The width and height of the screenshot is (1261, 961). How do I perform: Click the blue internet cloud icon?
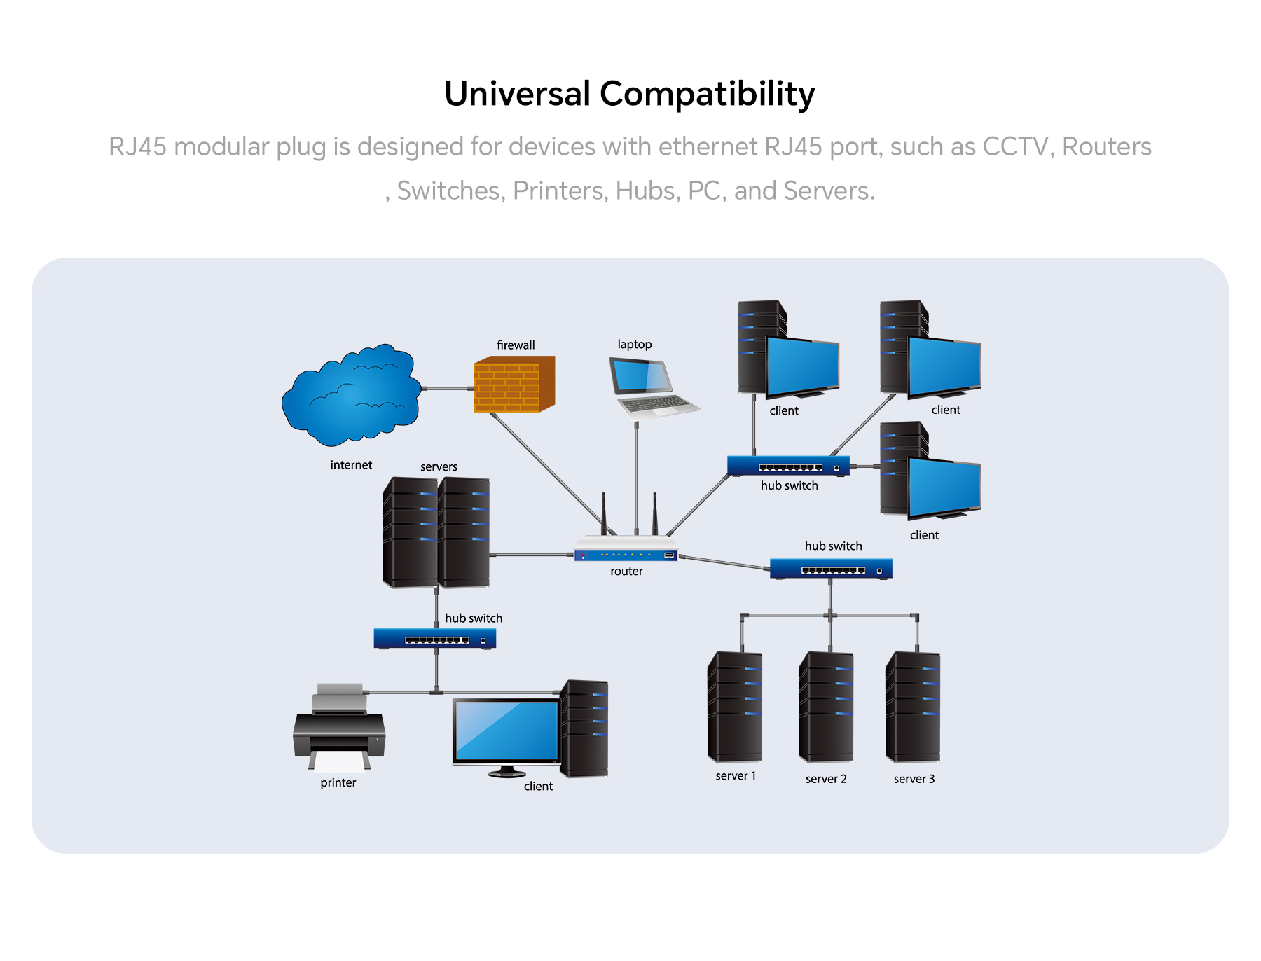[x=352, y=395]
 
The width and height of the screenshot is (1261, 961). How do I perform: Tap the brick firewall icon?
[x=514, y=384]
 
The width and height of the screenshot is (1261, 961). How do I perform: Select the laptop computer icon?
[x=653, y=388]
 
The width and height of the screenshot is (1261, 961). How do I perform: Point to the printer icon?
[x=339, y=728]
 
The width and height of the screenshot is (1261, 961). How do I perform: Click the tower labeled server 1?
[x=735, y=707]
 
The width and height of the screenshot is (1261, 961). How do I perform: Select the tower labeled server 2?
[x=826, y=707]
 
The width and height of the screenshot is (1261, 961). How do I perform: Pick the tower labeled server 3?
[x=913, y=707]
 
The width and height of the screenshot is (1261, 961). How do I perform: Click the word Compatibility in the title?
[x=708, y=95]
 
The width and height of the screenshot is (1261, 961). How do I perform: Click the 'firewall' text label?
[x=516, y=345]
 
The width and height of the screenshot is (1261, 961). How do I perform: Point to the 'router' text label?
[x=626, y=571]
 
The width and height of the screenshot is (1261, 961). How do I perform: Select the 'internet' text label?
[x=351, y=465]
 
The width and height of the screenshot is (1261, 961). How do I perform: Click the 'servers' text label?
[x=439, y=466]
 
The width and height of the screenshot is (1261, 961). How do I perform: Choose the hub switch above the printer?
[x=435, y=639]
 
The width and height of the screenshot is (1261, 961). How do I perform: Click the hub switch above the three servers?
[x=831, y=569]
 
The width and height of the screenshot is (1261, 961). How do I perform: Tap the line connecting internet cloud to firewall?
[x=448, y=388]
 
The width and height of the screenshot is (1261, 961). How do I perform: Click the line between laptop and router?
[x=636, y=476]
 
